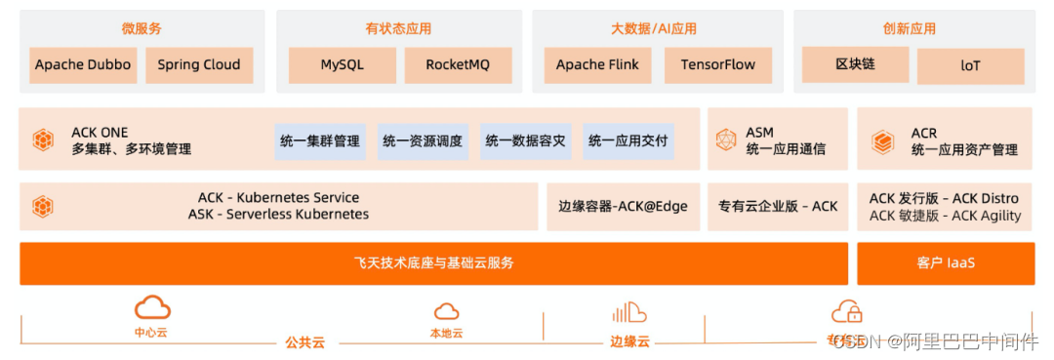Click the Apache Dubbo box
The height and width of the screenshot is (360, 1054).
pos(83,65)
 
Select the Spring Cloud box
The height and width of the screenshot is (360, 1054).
pos(199,65)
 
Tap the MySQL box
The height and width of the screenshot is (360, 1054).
pos(342,65)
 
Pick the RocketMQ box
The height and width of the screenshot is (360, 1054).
pos(458,65)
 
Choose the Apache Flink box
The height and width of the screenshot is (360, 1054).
pos(597,65)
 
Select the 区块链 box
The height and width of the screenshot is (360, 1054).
pos(855,64)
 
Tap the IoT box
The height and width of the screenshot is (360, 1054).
pos(970,66)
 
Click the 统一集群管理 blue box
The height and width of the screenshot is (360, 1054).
pos(320,141)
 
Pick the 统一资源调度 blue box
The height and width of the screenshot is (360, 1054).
pos(423,141)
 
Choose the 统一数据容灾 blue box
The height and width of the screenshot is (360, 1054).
pos(525,141)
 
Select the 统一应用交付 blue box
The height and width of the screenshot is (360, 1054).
pos(628,141)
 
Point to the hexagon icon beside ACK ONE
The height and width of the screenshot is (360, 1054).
pos(43,140)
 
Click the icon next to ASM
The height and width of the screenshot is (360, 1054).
pos(726,140)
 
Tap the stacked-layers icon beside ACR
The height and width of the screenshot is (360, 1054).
pos(882,140)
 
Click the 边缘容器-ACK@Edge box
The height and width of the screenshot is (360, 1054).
pos(623,206)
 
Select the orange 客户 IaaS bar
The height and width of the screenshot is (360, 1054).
pos(946,263)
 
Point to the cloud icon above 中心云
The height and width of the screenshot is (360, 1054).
pos(152,308)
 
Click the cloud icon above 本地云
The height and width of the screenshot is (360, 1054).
pos(446,311)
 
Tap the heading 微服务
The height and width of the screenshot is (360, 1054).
pos(142,28)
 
